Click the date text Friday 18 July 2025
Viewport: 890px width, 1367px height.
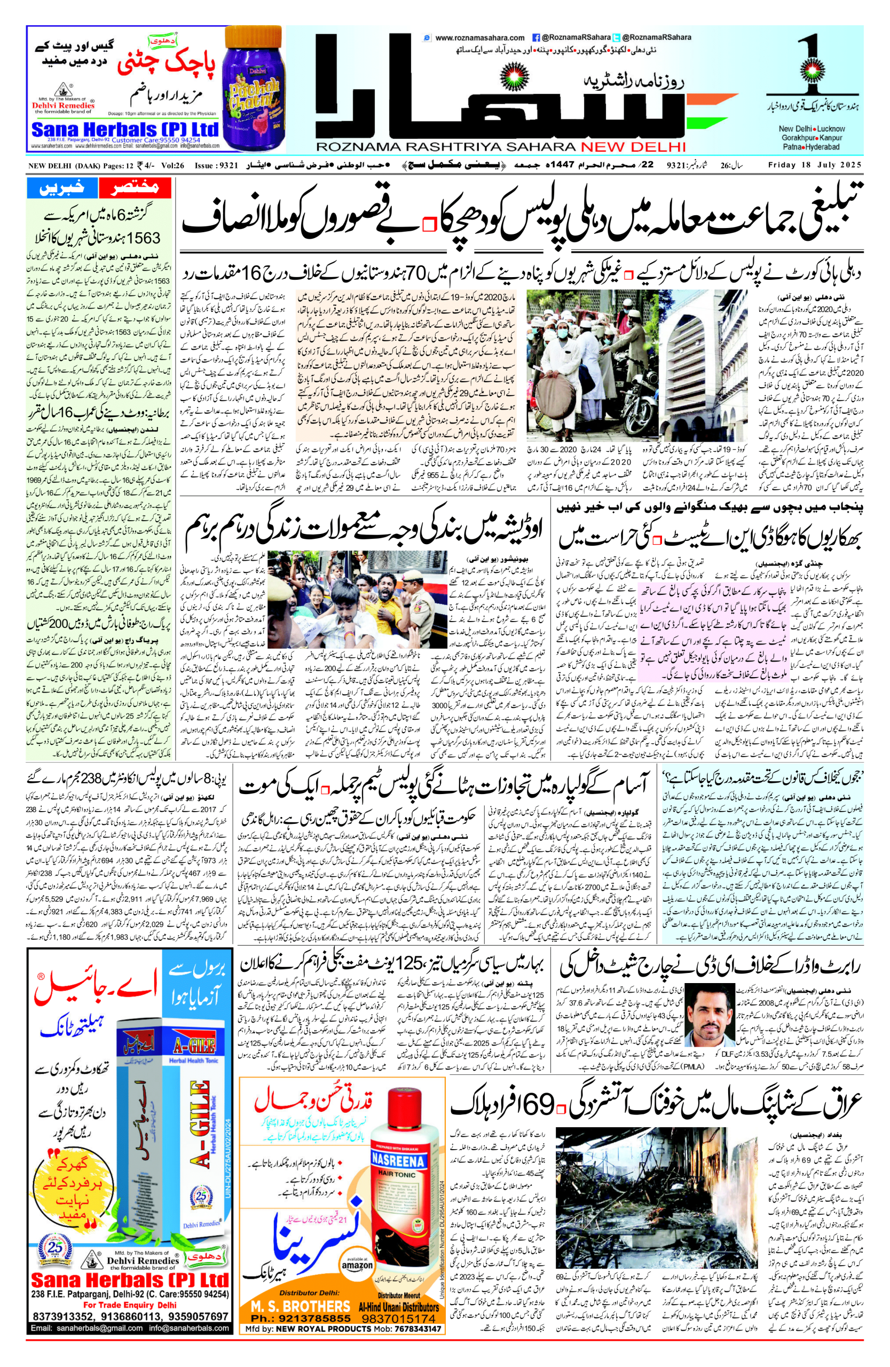point(815,166)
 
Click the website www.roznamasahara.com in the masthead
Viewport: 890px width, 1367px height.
point(479,38)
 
